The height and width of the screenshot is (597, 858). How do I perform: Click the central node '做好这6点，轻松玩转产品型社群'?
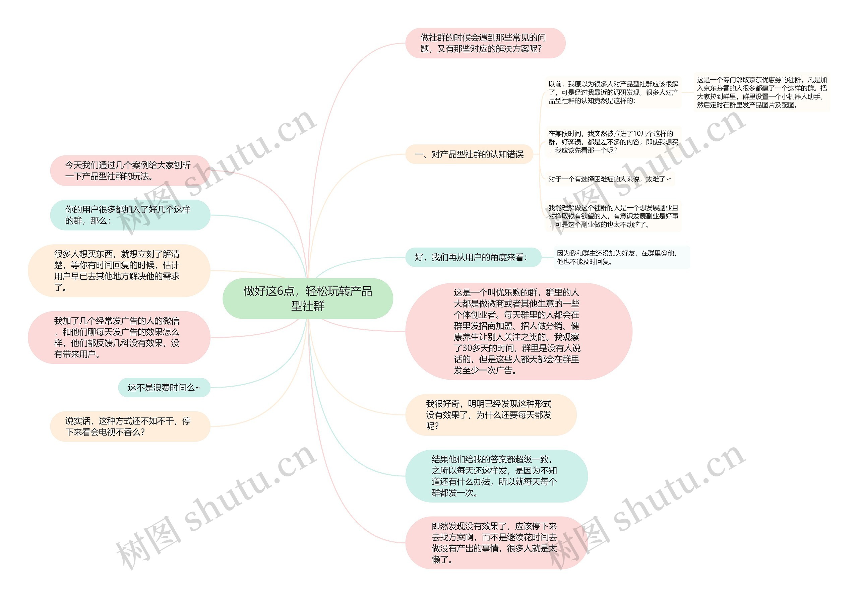click(308, 298)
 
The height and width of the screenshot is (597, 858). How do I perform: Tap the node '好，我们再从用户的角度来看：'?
click(473, 257)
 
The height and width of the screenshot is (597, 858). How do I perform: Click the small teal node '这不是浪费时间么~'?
click(164, 387)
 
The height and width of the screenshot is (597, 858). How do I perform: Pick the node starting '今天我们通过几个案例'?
click(130, 171)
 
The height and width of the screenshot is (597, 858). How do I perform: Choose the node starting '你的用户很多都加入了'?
click(130, 215)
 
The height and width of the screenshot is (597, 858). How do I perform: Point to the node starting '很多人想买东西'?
click(119, 270)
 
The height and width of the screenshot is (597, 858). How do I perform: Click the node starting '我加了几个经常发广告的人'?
click(119, 337)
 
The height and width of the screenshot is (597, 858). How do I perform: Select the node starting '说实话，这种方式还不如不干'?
click(130, 426)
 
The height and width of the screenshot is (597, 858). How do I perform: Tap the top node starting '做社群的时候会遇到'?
click(485, 43)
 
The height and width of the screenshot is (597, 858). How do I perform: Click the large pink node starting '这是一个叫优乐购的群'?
click(518, 331)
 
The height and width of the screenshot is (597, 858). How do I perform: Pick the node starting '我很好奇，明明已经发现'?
click(490, 415)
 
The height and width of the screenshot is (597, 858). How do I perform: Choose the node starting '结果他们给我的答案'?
click(496, 476)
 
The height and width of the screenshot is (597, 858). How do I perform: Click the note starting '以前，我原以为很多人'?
click(613, 92)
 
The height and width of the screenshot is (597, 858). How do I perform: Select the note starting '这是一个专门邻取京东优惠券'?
click(761, 92)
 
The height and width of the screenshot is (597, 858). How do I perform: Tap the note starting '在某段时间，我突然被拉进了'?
click(613, 142)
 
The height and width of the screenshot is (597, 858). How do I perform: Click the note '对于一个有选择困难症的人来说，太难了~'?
click(610, 179)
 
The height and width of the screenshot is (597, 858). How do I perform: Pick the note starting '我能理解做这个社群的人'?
click(613, 216)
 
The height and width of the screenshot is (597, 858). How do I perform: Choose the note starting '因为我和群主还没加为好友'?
click(621, 257)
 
